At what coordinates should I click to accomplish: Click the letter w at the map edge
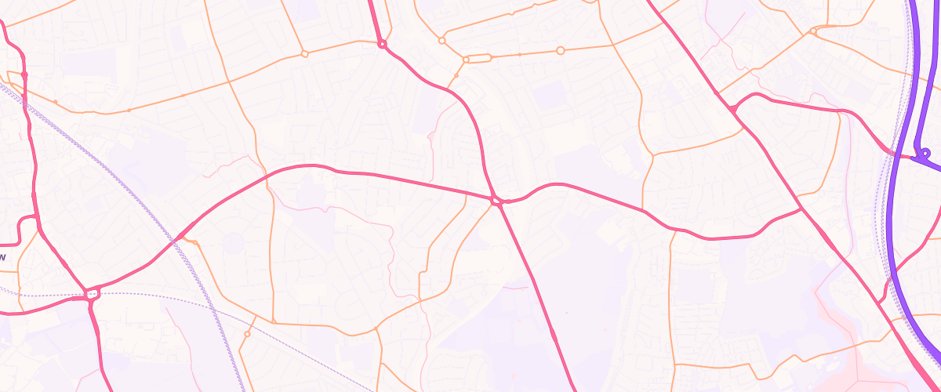pyautogui.click(x=2, y=256)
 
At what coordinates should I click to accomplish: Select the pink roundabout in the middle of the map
pyautogui.click(x=496, y=201)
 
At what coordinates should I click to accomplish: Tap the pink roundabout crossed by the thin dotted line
pyautogui.click(x=93, y=295)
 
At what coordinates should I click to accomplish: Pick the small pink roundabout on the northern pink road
pyautogui.click(x=382, y=45)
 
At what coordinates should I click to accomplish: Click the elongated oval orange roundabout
pyautogui.click(x=478, y=59)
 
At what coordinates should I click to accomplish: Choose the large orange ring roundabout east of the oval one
pyautogui.click(x=560, y=50)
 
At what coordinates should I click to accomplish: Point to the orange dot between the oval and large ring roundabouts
pyautogui.click(x=519, y=55)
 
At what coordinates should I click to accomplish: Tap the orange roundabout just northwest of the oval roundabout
pyautogui.click(x=441, y=39)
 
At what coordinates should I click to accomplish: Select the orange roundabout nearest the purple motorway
pyautogui.click(x=813, y=32)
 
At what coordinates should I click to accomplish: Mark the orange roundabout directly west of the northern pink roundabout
pyautogui.click(x=304, y=53)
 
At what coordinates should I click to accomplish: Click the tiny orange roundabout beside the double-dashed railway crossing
pyautogui.click(x=195, y=243)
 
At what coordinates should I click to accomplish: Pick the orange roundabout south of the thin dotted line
pyautogui.click(x=247, y=334)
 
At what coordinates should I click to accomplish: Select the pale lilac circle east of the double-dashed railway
pyautogui.click(x=233, y=242)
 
